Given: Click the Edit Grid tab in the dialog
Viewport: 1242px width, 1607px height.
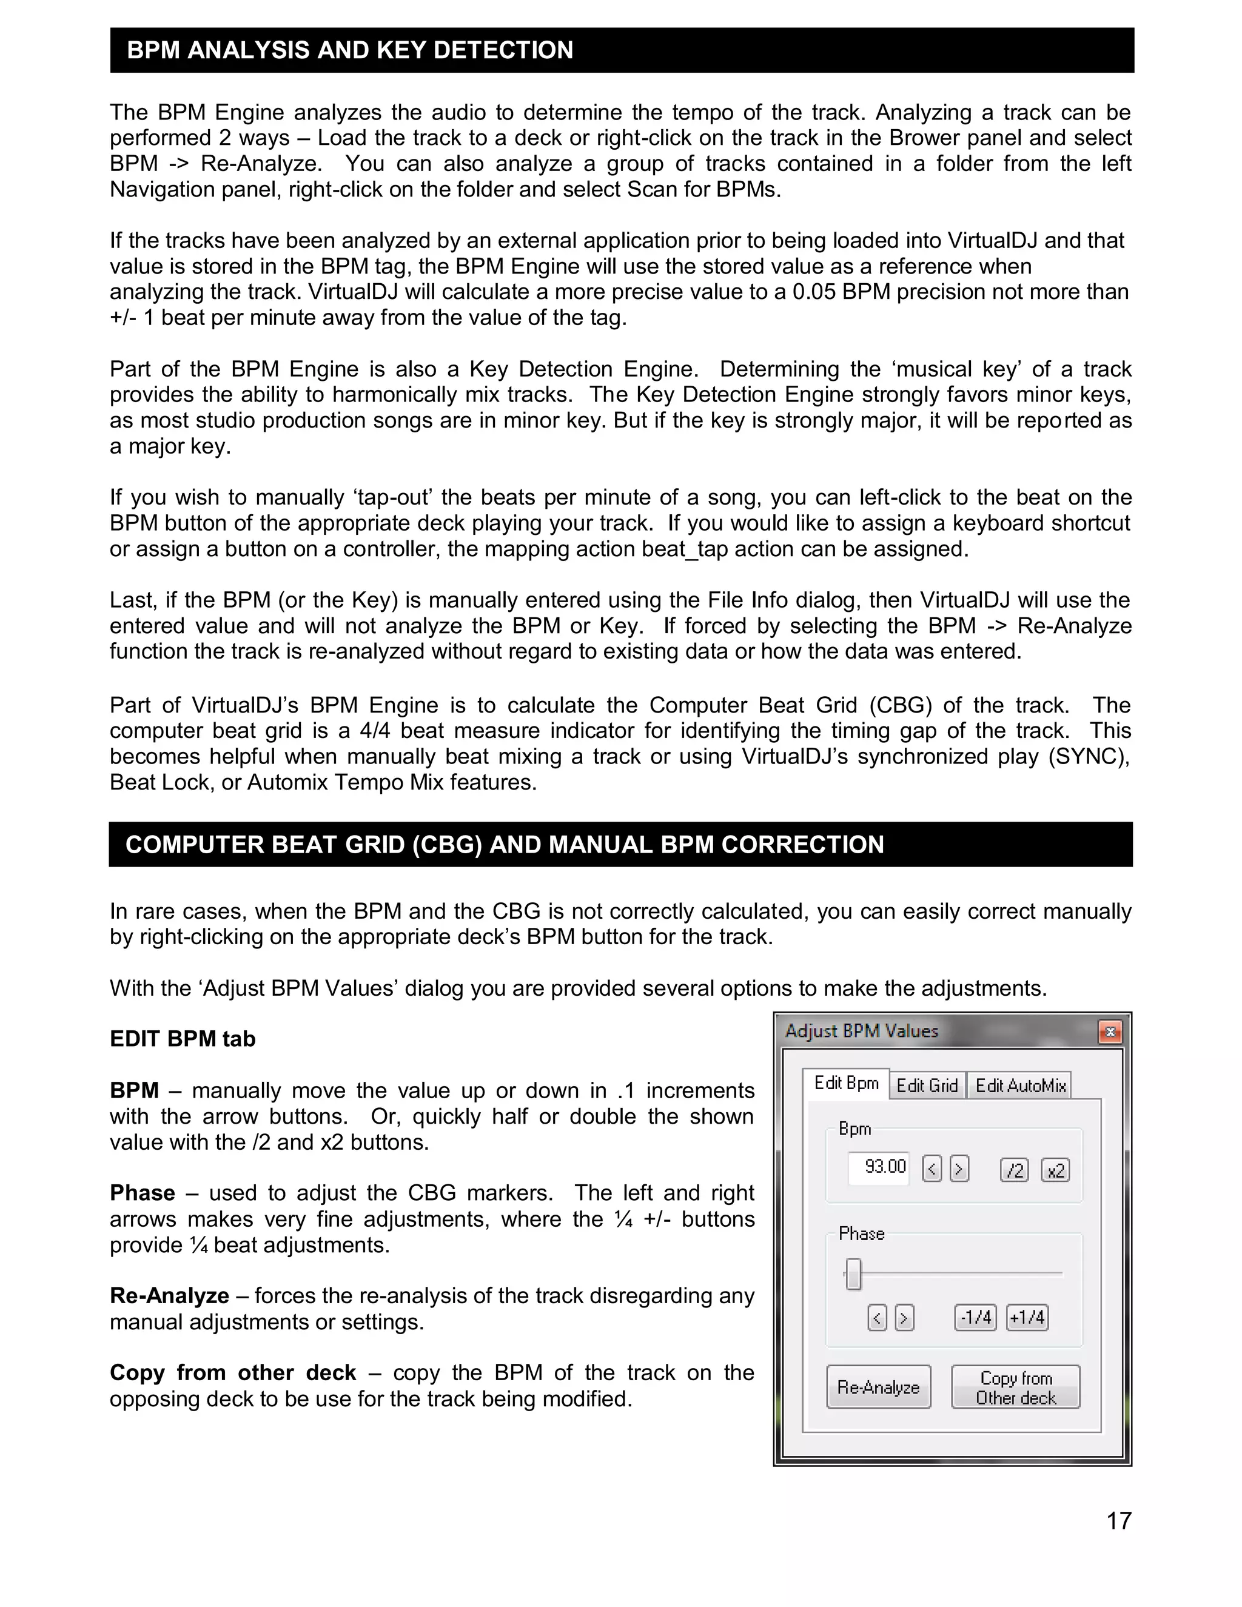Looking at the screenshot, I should tap(927, 1085).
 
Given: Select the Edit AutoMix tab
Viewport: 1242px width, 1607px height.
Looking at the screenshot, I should tap(1021, 1085).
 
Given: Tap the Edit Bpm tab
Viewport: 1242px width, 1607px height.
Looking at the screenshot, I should tap(846, 1083).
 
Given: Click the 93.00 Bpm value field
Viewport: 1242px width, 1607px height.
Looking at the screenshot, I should tap(879, 1167).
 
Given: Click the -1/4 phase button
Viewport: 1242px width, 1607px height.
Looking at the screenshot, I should tap(975, 1317).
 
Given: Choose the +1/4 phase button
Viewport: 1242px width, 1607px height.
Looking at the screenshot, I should tap(1027, 1317).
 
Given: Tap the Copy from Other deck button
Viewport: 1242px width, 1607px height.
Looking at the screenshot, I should tap(1015, 1387).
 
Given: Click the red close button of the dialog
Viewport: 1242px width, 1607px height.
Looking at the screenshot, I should tap(1110, 1032).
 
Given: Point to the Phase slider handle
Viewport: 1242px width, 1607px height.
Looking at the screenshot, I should tap(853, 1273).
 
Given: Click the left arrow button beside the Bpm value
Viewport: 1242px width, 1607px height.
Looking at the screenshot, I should tap(931, 1169).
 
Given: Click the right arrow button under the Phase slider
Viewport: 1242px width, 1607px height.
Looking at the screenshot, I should tap(904, 1317).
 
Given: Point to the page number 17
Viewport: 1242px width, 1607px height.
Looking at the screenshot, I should tap(1118, 1520).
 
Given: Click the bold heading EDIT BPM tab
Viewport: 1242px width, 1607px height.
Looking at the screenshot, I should tap(183, 1039).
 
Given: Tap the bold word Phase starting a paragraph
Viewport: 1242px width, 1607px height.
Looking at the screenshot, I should tap(143, 1193).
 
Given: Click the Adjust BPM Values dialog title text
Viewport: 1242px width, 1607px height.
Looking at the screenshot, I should tap(862, 1031).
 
